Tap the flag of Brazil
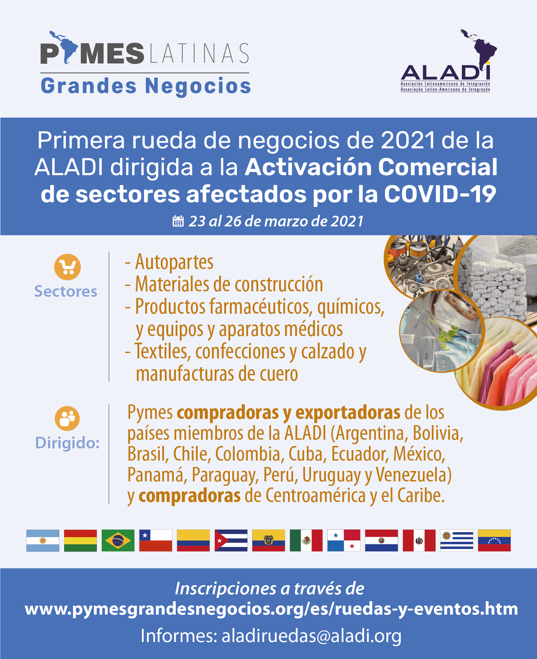pos(118,540)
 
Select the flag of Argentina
pos(43,540)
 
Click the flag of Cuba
pos(231,540)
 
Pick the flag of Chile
pos(156,540)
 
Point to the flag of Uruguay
pos(456,540)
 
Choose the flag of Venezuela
pos(494,540)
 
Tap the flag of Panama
pos(344,540)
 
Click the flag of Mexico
pos(306,540)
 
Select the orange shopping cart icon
pos(67,267)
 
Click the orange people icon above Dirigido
pos(67,419)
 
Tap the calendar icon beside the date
pos(178,221)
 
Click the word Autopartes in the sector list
pos(174,262)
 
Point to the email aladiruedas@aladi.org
pos(312,636)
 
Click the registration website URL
pos(271,609)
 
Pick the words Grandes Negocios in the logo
pos(146,86)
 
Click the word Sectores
pos(66,291)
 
